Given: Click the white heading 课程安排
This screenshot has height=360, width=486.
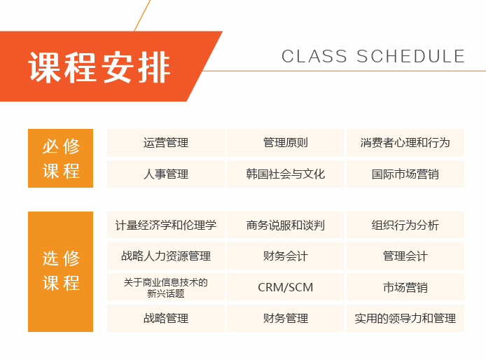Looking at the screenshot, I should pyautogui.click(x=100, y=67).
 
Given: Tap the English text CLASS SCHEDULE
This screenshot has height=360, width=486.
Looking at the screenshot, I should pyautogui.click(x=373, y=57).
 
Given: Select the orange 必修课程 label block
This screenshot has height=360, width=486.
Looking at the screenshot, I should pyautogui.click(x=62, y=158).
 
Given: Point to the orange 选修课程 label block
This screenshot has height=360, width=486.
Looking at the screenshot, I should pyautogui.click(x=62, y=271).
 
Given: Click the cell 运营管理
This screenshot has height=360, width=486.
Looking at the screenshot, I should pyautogui.click(x=166, y=143).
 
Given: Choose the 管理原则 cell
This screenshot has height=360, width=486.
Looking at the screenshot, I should pyautogui.click(x=286, y=143).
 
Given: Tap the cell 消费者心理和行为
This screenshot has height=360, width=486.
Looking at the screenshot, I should pyautogui.click(x=405, y=143).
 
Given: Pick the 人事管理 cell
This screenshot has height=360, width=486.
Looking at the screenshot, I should pyautogui.click(x=166, y=174).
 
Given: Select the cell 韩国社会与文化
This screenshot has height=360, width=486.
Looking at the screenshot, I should pyautogui.click(x=286, y=174).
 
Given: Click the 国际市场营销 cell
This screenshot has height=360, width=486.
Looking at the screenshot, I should pyautogui.click(x=405, y=174).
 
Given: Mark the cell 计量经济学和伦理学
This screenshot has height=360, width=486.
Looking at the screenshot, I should pyautogui.click(x=166, y=226).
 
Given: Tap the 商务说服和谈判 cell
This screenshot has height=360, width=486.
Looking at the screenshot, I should pyautogui.click(x=286, y=226).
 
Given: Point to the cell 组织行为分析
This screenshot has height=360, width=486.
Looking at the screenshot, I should pyautogui.click(x=405, y=226).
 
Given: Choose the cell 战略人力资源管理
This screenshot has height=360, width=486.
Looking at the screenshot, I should pyautogui.click(x=166, y=256).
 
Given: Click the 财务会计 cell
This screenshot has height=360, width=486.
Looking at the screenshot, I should pyautogui.click(x=286, y=256).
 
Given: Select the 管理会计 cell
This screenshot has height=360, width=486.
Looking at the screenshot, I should pyautogui.click(x=405, y=256).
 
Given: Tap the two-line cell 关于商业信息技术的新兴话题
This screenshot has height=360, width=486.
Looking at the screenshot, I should pyautogui.click(x=166, y=287).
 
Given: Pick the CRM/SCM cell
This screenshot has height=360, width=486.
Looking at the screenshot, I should pyautogui.click(x=286, y=287).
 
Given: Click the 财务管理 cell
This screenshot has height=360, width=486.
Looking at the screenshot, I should pyautogui.click(x=286, y=318).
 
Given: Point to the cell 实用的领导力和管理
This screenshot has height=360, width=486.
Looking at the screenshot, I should pyautogui.click(x=405, y=318).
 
